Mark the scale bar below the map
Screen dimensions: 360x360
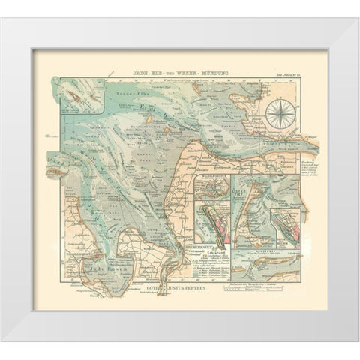tap(265, 285)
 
